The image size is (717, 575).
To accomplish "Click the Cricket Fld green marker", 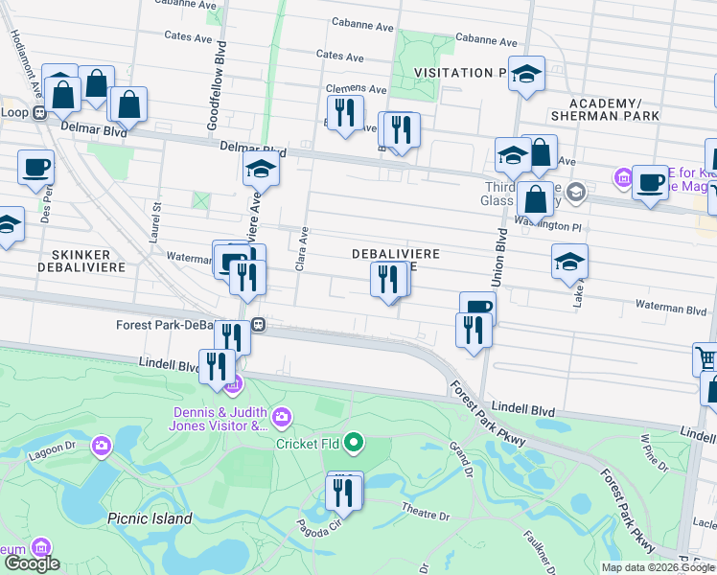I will click(x=354, y=442).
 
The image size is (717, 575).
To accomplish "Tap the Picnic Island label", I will click(x=150, y=518).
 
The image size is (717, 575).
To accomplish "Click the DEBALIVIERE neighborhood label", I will click(x=396, y=253).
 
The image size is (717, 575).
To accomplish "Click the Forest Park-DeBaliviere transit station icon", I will click(x=258, y=325).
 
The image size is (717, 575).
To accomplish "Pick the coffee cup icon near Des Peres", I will click(x=36, y=167).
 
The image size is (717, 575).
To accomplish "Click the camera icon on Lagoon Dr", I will click(x=102, y=446).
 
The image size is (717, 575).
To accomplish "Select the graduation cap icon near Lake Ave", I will click(x=569, y=262).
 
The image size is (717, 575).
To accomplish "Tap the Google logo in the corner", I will click(x=31, y=563).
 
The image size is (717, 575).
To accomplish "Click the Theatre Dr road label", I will click(x=426, y=516).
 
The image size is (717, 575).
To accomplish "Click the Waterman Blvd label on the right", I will click(x=671, y=309).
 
